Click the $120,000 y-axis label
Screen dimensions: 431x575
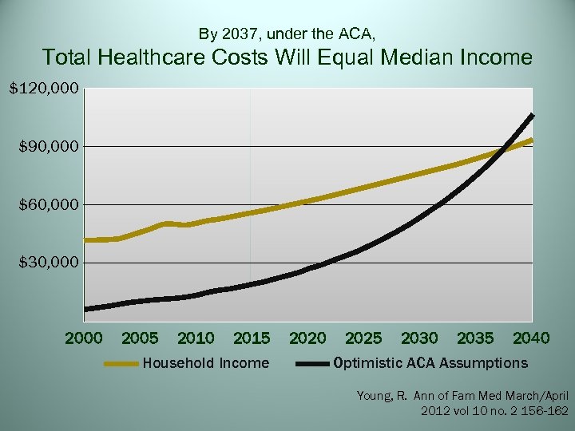pyautogui.click(x=44, y=88)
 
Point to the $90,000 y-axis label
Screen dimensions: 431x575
pyautogui.click(x=44, y=147)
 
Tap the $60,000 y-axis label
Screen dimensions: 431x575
pyautogui.click(x=44, y=205)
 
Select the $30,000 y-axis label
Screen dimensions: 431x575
pyautogui.click(x=44, y=263)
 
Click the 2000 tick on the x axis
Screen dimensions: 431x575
pyautogui.click(x=84, y=338)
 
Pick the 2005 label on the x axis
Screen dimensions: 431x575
pyautogui.click(x=140, y=338)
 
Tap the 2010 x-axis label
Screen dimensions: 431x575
pyautogui.click(x=196, y=338)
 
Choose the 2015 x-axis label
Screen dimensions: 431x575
pyautogui.click(x=252, y=338)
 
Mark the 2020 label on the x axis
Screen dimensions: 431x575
pyautogui.click(x=307, y=338)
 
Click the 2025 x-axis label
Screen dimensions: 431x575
pyautogui.click(x=363, y=338)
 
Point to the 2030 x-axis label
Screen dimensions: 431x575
pyautogui.click(x=419, y=338)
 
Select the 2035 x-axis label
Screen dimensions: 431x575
pyautogui.click(x=475, y=338)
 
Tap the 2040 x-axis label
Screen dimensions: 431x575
pyautogui.click(x=531, y=338)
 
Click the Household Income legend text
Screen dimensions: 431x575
pyautogui.click(x=205, y=363)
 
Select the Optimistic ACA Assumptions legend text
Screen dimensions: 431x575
pyautogui.click(x=430, y=363)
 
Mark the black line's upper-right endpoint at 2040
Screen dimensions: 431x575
pyautogui.click(x=532, y=116)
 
